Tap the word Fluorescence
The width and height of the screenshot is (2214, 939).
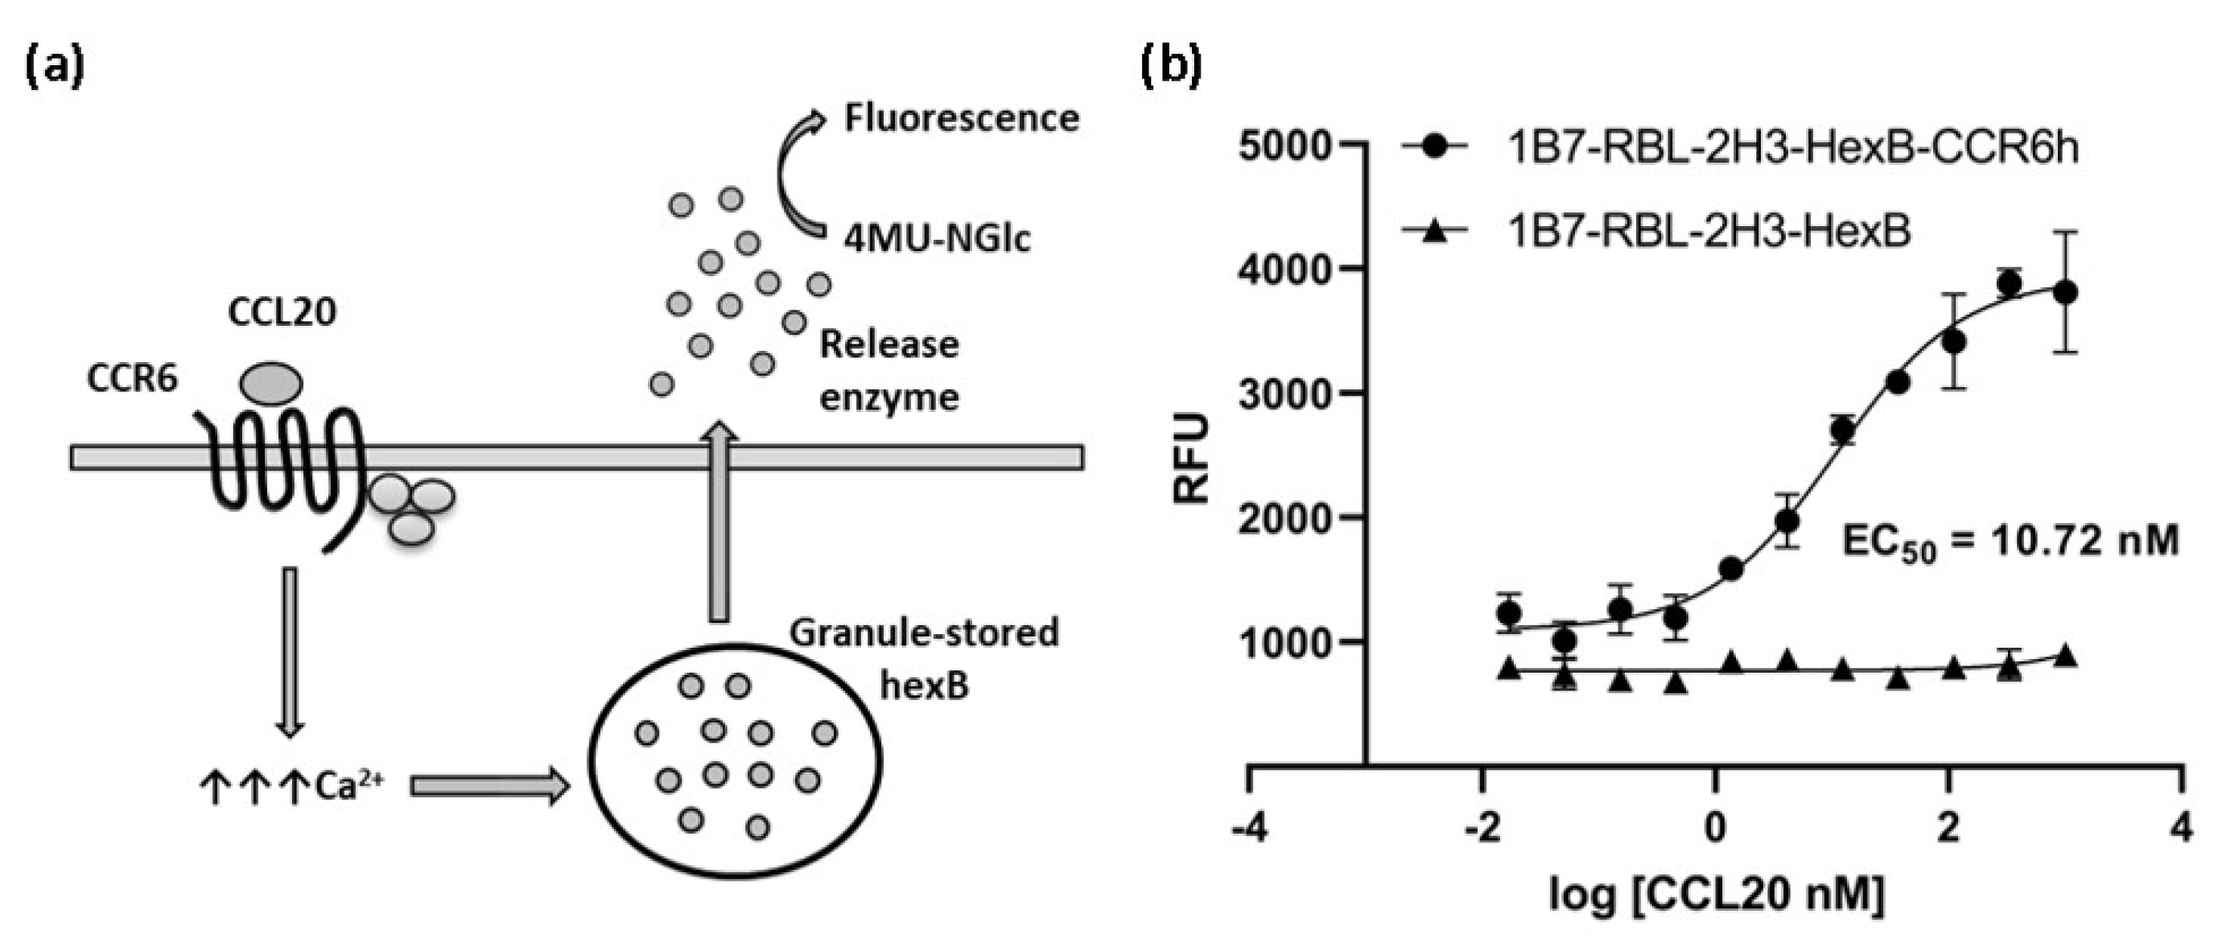pyautogui.click(x=961, y=117)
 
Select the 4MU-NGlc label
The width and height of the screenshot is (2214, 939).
pyautogui.click(x=936, y=238)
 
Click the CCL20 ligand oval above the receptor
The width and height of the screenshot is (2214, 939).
pyautogui.click(x=270, y=382)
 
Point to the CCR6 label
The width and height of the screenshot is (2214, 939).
pyautogui.click(x=131, y=378)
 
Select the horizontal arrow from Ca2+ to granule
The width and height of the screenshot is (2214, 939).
pyautogui.click(x=489, y=786)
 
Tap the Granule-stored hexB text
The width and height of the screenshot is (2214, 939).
pyautogui.click(x=924, y=657)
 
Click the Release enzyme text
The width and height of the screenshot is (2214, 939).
pyautogui.click(x=888, y=370)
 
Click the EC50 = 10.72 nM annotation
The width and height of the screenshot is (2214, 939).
pyautogui.click(x=2010, y=543)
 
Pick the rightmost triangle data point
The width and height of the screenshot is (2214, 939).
pyautogui.click(x=2066, y=657)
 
